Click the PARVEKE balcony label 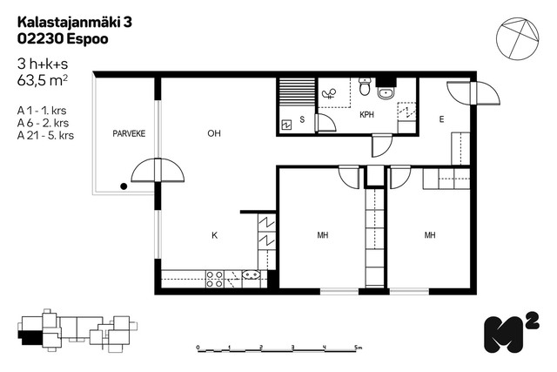coord(129,133)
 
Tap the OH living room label coord(214,133)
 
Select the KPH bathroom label coord(366,115)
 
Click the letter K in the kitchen coord(215,235)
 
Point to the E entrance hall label coord(441,119)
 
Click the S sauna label coord(302,119)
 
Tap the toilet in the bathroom coord(365,86)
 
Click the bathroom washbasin coord(386,93)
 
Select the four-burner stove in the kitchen coord(215,279)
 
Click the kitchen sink coord(252,275)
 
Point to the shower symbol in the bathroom coord(329,93)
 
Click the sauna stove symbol coord(286,125)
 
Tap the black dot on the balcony coord(124,186)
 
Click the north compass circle coord(517,38)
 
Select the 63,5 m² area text coord(43,80)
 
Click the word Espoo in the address coord(87,39)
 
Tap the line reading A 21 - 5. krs coord(45,136)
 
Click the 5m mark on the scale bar coord(358,347)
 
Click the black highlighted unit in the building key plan coord(31,337)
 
